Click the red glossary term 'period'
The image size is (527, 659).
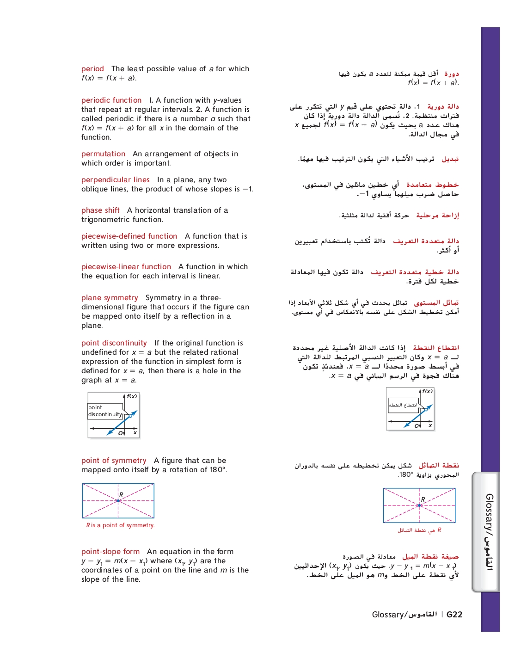(x=92, y=69)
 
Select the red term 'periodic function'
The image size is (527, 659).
(x=111, y=100)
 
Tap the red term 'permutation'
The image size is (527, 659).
(x=103, y=154)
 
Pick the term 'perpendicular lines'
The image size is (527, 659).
(x=116, y=180)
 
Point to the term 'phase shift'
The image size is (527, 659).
(x=100, y=210)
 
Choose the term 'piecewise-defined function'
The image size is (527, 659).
(x=129, y=236)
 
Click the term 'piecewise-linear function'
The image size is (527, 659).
(x=126, y=267)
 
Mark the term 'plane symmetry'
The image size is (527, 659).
(x=110, y=298)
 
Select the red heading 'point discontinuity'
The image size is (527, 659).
(x=114, y=343)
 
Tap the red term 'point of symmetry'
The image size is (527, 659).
(x=114, y=461)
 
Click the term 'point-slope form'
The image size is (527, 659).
(x=110, y=552)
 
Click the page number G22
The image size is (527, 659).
(x=454, y=615)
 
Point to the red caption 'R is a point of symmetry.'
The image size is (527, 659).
(x=120, y=525)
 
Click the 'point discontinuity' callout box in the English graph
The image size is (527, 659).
(x=105, y=411)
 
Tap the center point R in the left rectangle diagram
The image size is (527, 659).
(x=118, y=501)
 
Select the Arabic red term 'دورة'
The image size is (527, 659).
(x=451, y=74)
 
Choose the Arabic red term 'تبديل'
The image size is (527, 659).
(x=450, y=159)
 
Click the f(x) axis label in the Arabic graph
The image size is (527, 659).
(x=427, y=391)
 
